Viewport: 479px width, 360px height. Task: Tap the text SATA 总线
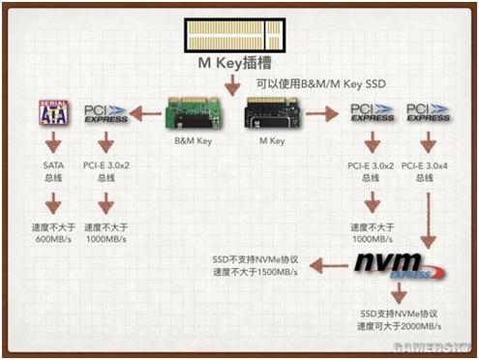point(53,171)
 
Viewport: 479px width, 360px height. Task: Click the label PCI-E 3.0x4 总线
point(422,171)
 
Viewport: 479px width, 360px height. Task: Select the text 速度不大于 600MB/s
point(54,232)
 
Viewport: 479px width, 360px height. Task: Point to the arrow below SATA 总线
point(53,203)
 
